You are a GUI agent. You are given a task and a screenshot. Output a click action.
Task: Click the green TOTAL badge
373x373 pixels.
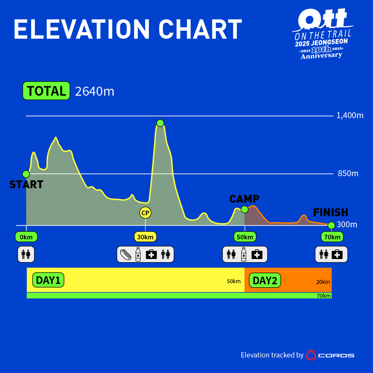[x=46, y=91]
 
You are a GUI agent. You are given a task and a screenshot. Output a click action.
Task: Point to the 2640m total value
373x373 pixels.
[x=94, y=92]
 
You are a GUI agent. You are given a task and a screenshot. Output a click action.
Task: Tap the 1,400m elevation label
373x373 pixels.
[x=350, y=115]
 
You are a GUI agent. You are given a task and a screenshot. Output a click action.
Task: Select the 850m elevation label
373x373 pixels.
[x=348, y=173]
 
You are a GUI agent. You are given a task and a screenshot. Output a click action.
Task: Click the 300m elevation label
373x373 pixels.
[x=347, y=225]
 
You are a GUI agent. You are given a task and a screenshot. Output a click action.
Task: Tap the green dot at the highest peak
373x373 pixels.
[x=160, y=123]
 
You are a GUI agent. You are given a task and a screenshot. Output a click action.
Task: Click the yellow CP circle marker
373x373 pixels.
[x=145, y=213]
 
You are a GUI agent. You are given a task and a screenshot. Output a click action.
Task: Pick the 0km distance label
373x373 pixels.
[x=26, y=237]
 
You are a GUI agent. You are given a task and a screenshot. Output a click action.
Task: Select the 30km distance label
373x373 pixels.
[x=145, y=237]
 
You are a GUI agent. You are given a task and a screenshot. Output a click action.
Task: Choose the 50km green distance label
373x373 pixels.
[x=245, y=237]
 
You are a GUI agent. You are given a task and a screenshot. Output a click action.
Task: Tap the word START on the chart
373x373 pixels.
[x=26, y=185]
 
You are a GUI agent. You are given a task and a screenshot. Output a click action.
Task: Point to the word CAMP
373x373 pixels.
[x=244, y=199]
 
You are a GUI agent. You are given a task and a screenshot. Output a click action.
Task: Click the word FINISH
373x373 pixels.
[x=331, y=212]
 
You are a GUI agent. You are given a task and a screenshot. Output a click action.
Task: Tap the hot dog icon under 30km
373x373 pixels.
[x=126, y=255]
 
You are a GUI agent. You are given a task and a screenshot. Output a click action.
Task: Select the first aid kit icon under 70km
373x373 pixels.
[x=337, y=255]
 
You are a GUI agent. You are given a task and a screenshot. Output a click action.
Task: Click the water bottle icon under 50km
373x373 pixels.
[x=244, y=255]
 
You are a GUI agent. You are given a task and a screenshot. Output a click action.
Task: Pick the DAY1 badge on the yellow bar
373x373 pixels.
[x=48, y=280]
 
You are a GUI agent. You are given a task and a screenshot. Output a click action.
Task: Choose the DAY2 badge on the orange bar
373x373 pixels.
[x=265, y=280]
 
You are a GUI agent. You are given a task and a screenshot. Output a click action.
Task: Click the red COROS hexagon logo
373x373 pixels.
[x=311, y=355]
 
